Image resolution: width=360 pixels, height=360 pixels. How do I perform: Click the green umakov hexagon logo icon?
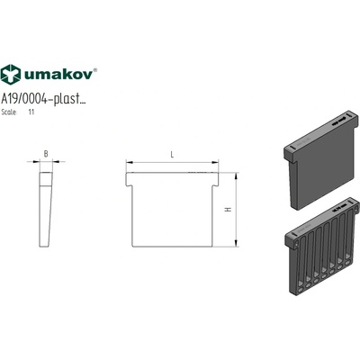click(11, 75)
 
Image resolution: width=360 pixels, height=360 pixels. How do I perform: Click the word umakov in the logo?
click(58, 74)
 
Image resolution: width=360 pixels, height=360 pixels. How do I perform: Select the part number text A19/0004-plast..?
click(43, 98)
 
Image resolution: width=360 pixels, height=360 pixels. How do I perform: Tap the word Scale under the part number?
click(9, 112)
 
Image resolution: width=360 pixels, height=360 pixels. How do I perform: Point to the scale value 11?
click(31, 112)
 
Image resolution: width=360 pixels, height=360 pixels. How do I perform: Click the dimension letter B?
click(46, 154)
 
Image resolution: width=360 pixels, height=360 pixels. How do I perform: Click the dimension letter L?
click(172, 155)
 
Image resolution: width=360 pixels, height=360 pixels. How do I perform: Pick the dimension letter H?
click(229, 210)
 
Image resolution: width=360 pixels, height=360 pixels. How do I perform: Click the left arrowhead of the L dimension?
click(130, 162)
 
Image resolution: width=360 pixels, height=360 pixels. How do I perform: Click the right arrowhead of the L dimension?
click(215, 162)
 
